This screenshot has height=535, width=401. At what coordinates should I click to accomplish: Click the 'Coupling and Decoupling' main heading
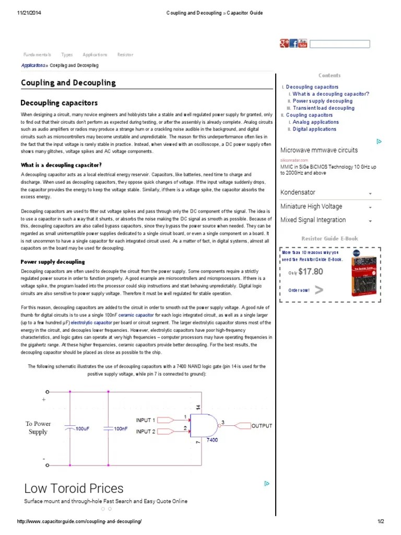click(x=68, y=83)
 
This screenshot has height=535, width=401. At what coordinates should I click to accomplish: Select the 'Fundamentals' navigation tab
click(x=37, y=55)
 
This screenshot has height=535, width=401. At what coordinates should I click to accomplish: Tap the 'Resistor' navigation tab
click(x=125, y=55)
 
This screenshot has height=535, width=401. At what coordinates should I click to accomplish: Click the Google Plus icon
click(x=284, y=43)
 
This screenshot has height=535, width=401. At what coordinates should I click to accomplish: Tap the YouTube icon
click(x=302, y=43)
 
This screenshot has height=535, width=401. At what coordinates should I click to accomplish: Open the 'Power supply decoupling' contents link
click(x=322, y=101)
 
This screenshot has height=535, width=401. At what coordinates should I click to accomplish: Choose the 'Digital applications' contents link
click(x=314, y=129)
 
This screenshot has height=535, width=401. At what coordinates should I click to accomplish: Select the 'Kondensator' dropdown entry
click(x=298, y=193)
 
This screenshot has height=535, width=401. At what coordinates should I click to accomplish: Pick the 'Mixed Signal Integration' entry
click(x=313, y=220)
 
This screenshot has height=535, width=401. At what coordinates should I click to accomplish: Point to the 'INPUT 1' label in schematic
click(x=146, y=420)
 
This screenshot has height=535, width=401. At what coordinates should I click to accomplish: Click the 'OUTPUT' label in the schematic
click(x=262, y=426)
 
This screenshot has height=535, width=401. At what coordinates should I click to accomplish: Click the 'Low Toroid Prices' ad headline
click(x=74, y=489)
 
